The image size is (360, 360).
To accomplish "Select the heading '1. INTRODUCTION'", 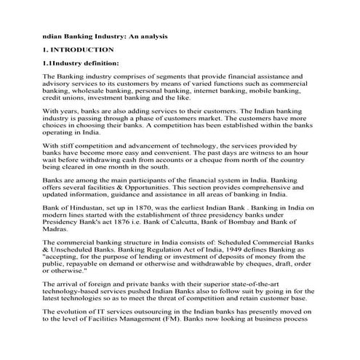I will [x=79, y=49].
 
